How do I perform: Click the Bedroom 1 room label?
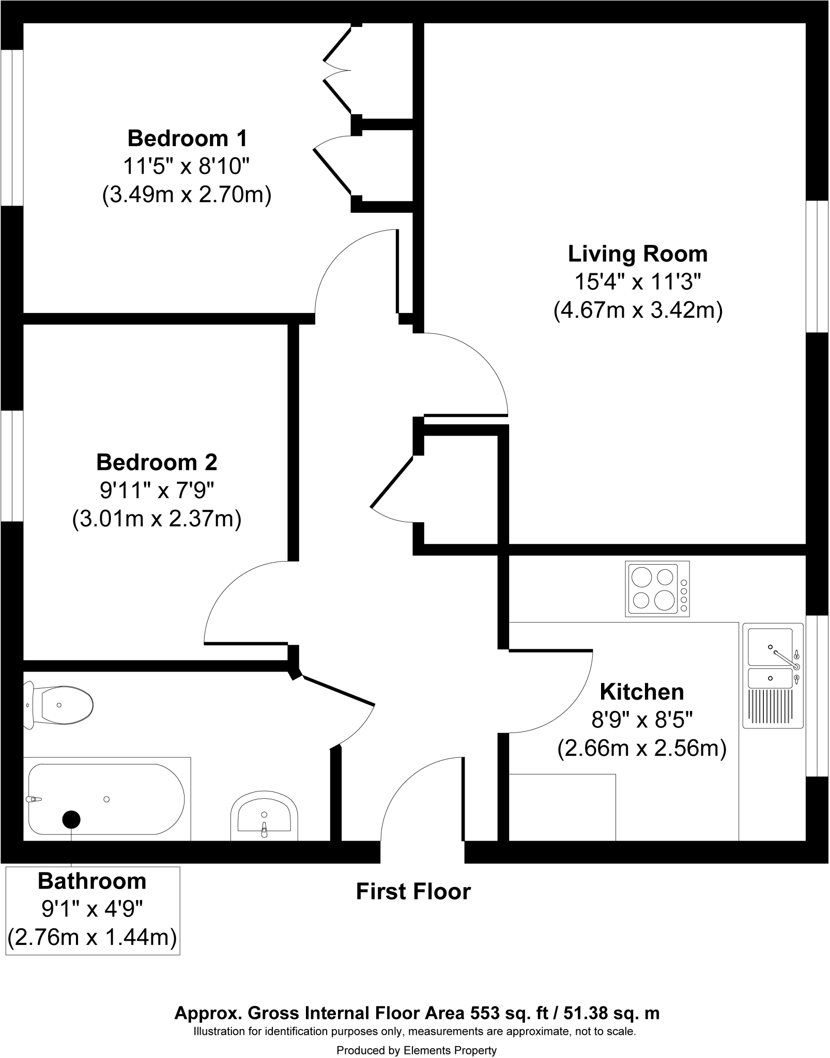(x=187, y=138)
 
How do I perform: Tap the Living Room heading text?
(x=638, y=254)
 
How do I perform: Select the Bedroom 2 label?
(x=157, y=462)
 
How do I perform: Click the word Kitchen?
(x=641, y=692)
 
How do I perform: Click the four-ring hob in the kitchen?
(x=657, y=588)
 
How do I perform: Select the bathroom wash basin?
(x=264, y=820)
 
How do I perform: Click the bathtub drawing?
(x=106, y=799)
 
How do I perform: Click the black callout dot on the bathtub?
(x=71, y=819)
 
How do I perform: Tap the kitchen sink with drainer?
(x=773, y=675)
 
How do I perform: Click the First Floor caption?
(x=413, y=892)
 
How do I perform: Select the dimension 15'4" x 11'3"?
(x=638, y=283)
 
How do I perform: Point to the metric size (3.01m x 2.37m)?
(x=157, y=519)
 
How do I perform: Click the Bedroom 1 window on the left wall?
(x=11, y=128)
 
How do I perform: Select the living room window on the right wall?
(x=818, y=266)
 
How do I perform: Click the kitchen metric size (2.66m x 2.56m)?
(x=641, y=749)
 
